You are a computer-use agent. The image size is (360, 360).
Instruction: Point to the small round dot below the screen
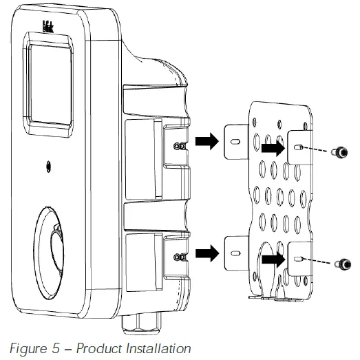pyautogui.click(x=48, y=166)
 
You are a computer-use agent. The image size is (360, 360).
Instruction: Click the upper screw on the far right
pyautogui.click(x=340, y=152)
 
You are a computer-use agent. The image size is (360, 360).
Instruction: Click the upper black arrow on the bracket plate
pyautogui.click(x=273, y=147)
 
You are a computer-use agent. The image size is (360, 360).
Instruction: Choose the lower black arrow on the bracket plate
pyautogui.click(x=273, y=259)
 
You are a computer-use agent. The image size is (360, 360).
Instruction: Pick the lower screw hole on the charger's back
pyautogui.click(x=178, y=257)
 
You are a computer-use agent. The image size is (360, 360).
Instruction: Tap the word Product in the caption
pyautogui.click(x=94, y=349)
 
